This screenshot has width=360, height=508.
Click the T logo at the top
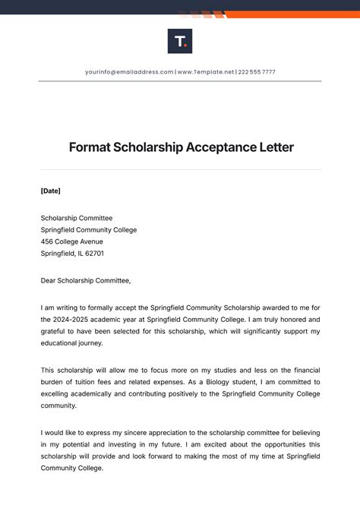pyautogui.click(x=180, y=41)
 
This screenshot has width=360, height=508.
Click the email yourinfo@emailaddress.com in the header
pyautogui.click(x=129, y=72)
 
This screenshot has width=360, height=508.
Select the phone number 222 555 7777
pyautogui.click(x=257, y=72)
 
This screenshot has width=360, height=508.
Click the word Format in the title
pyautogui.click(x=89, y=147)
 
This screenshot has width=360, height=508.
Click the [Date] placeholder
pyautogui.click(x=50, y=191)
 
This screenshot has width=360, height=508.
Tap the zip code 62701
pyautogui.click(x=94, y=254)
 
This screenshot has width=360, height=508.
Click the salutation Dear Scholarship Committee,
pyautogui.click(x=86, y=280)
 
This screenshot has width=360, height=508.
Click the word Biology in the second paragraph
pyautogui.click(x=248, y=382)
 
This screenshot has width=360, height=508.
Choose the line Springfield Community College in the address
pyautogui.click(x=89, y=229)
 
